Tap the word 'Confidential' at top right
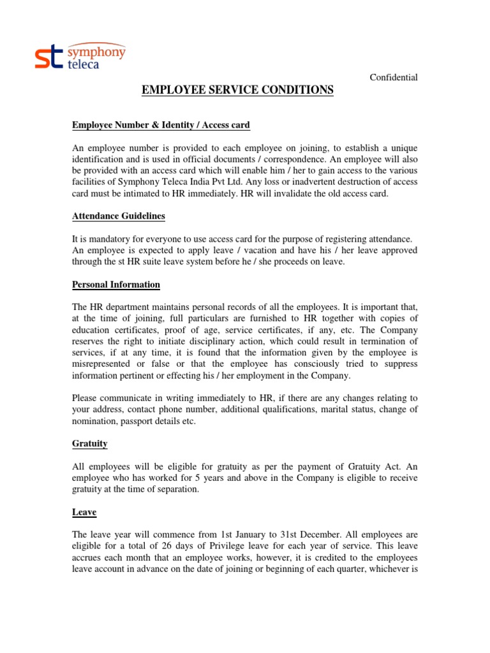pyautogui.click(x=394, y=77)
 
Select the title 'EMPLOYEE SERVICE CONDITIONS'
pyautogui.click(x=237, y=91)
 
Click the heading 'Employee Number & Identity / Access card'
pyautogui.click(x=161, y=124)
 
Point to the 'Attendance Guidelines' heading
pyautogui.click(x=118, y=216)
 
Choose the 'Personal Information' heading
pyautogui.click(x=115, y=284)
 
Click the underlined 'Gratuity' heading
pyautogui.click(x=89, y=443)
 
